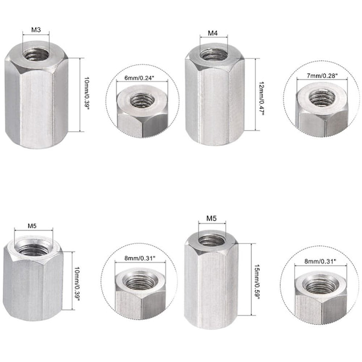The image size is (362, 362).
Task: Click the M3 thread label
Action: (x=36, y=30)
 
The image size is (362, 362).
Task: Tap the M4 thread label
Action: (x=212, y=33)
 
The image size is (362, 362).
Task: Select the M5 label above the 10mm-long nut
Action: (x=32, y=226)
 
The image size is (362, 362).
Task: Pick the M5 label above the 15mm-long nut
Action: (x=212, y=218)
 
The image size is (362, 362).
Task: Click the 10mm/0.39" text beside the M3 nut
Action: (x=86, y=94)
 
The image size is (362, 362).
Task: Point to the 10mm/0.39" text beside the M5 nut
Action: (x=77, y=284)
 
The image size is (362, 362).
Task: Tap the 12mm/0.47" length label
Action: (x=262, y=98)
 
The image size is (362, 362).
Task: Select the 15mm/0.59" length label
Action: (x=257, y=282)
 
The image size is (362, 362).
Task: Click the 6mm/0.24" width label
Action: (x=139, y=78)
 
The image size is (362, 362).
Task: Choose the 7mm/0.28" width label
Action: (x=322, y=75)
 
